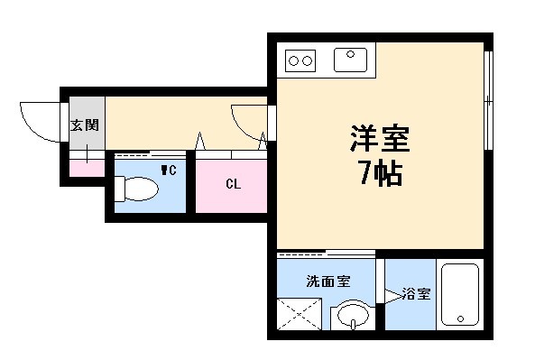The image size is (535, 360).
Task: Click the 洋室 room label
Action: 380,139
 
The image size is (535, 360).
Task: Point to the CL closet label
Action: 233,185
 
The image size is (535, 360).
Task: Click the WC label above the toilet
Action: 168,169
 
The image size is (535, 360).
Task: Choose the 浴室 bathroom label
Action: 416,295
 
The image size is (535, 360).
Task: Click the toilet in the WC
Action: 136,189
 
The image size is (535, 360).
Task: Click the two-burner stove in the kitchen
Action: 300,60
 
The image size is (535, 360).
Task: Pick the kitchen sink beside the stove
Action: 348,60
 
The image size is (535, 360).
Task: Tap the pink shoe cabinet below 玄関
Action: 88,168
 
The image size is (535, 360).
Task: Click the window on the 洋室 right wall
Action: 487,99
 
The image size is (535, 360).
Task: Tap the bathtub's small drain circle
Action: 459,319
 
